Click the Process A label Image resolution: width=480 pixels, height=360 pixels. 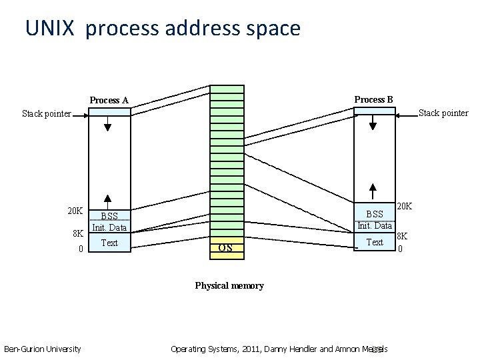tap(109, 100)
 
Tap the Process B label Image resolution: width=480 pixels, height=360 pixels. tap(373, 99)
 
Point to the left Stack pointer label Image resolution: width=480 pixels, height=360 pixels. tap(46, 113)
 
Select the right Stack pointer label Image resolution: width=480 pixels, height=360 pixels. tap(443, 113)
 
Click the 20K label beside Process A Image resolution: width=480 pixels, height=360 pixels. tap(75, 211)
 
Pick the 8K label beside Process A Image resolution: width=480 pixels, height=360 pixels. tap(77, 233)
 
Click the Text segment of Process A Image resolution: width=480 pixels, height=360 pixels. tap(109, 243)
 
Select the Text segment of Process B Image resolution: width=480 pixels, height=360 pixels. tap(375, 242)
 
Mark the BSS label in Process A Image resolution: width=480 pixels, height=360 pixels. tap(109, 216)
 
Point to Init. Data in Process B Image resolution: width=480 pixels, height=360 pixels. tap(375, 225)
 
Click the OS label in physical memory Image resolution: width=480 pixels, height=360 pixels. tap(225, 248)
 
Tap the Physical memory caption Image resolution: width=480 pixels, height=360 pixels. tap(229, 285)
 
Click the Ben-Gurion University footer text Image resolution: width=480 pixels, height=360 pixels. tap(43, 349)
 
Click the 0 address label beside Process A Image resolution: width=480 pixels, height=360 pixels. tap(80, 249)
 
